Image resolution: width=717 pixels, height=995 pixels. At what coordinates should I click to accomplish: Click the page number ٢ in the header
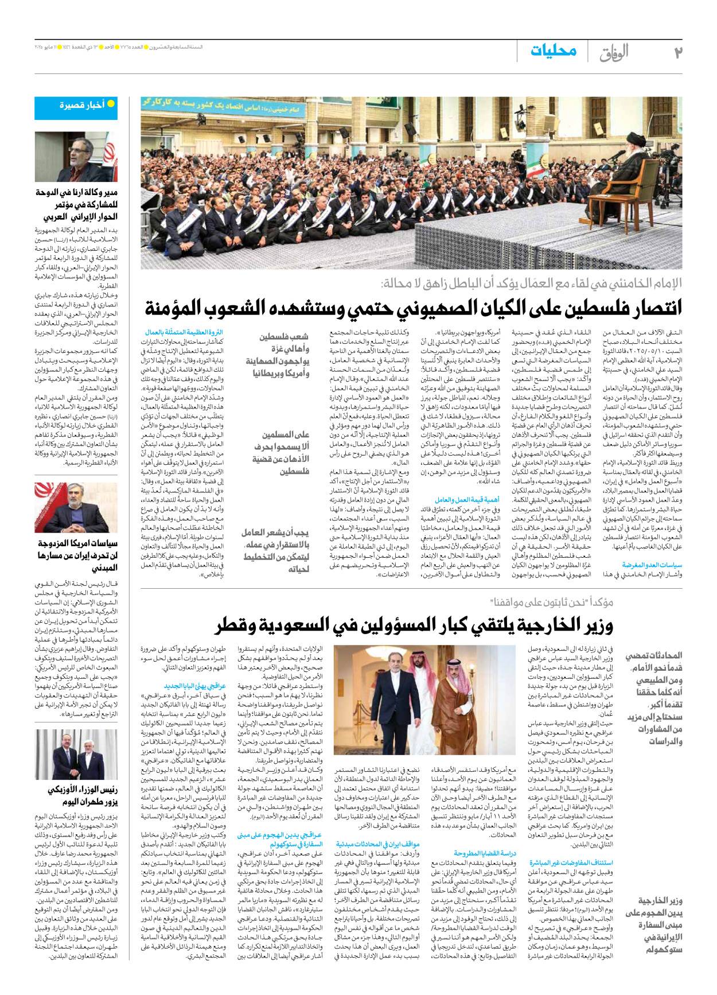[677, 52]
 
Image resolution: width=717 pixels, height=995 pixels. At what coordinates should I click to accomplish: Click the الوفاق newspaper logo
[614, 53]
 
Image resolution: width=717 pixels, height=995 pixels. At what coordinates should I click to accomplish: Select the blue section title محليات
[553, 50]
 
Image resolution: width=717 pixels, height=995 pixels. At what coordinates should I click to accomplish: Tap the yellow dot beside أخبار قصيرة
[111, 104]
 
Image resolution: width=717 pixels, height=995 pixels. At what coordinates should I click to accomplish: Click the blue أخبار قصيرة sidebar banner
[76, 107]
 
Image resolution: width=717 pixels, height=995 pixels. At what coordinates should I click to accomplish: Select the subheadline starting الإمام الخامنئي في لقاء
[531, 283]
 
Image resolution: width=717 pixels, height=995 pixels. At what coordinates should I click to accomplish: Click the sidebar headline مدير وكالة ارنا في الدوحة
[77, 204]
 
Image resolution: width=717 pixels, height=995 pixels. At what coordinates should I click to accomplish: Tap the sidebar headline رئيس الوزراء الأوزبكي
[82, 795]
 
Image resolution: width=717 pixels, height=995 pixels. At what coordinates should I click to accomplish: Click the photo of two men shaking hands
[76, 753]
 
